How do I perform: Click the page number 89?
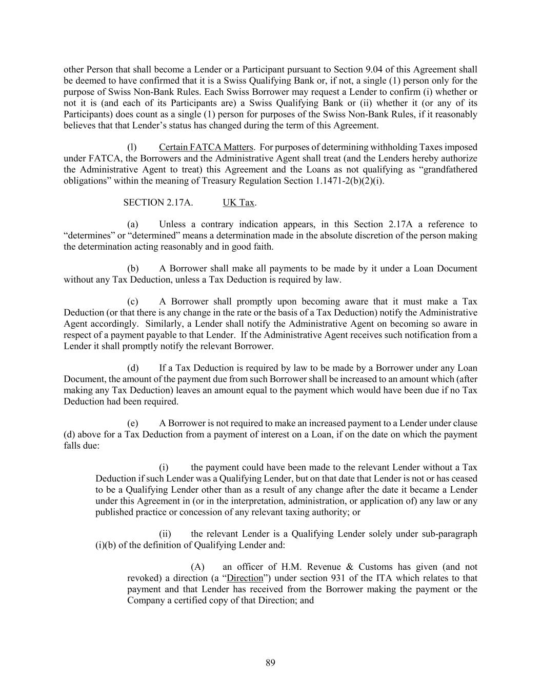(270, 663)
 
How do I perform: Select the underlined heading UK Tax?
(238, 203)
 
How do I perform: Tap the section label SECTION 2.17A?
(158, 203)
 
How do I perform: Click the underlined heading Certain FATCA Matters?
(206, 147)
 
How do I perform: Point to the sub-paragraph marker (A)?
(197, 567)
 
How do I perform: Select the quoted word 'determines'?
(88, 236)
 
